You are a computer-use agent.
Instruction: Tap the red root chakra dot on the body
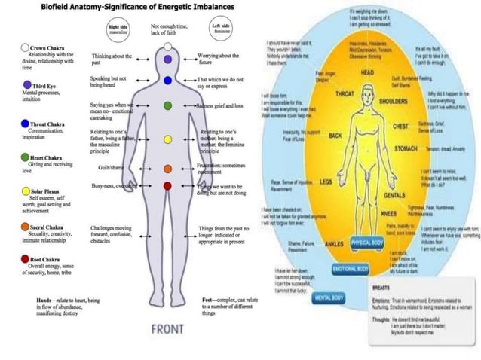167,185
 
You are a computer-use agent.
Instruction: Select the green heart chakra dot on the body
167,106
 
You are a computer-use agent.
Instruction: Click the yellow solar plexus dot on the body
167,140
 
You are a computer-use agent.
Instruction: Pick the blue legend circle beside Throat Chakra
25,123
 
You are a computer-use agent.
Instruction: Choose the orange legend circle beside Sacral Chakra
25,226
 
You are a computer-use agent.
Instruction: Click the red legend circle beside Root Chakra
25,258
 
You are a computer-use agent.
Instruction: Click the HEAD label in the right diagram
368,72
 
